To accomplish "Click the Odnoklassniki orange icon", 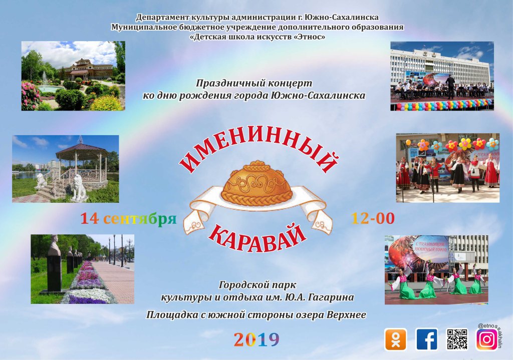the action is [x=396, y=339].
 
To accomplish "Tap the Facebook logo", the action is [x=427, y=339].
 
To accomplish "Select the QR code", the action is [x=457, y=339].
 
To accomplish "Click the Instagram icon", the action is [x=487, y=339].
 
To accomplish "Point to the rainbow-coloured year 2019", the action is [x=256, y=340].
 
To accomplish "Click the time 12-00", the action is [x=373, y=218].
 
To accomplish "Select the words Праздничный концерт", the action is [x=254, y=83].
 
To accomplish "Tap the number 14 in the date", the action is [x=89, y=218].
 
